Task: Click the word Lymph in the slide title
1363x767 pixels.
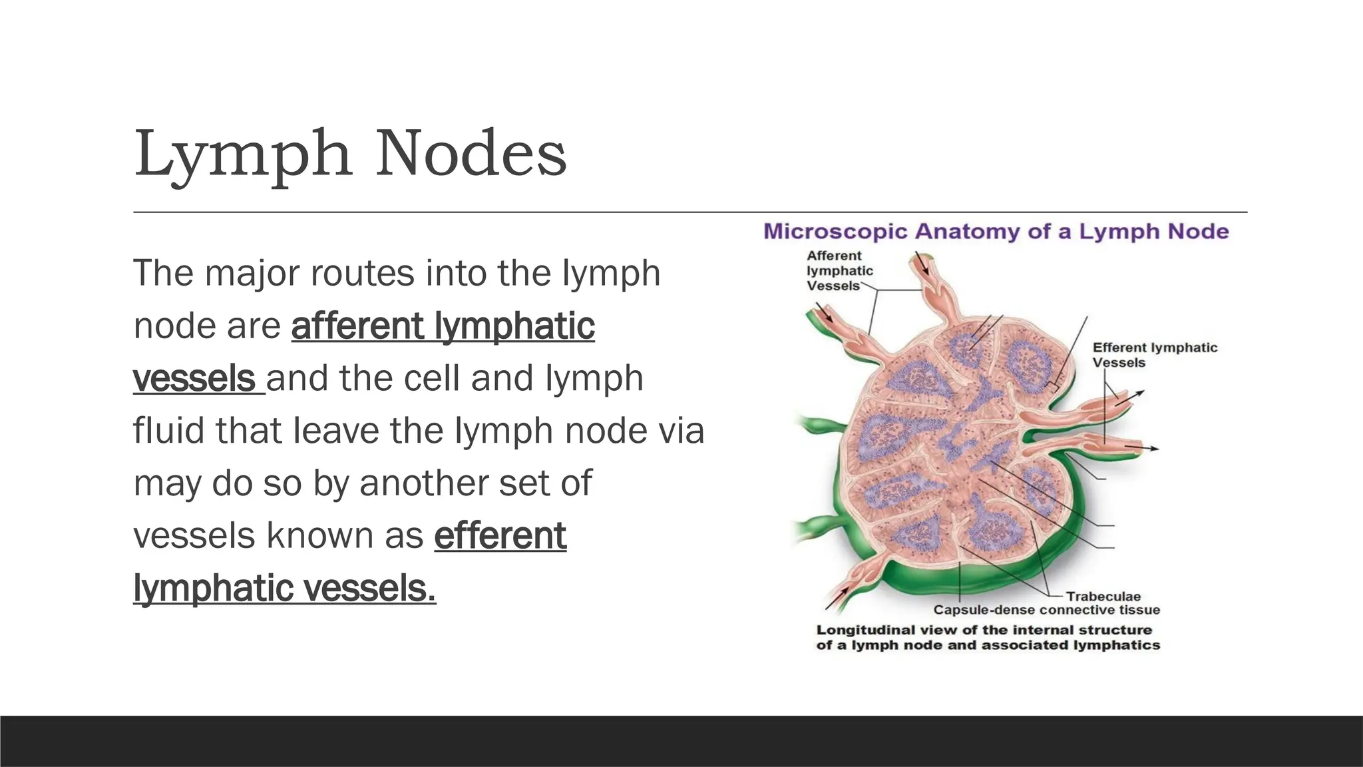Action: click(243, 154)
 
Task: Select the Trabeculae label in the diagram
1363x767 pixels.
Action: click(1103, 597)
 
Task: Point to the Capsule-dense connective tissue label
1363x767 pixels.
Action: click(1046, 610)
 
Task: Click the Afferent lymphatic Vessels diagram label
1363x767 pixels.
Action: click(839, 271)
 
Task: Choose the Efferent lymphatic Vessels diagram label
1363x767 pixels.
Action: click(1155, 355)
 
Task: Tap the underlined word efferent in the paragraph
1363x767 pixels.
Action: click(500, 536)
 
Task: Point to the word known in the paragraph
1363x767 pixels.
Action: click(345, 536)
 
